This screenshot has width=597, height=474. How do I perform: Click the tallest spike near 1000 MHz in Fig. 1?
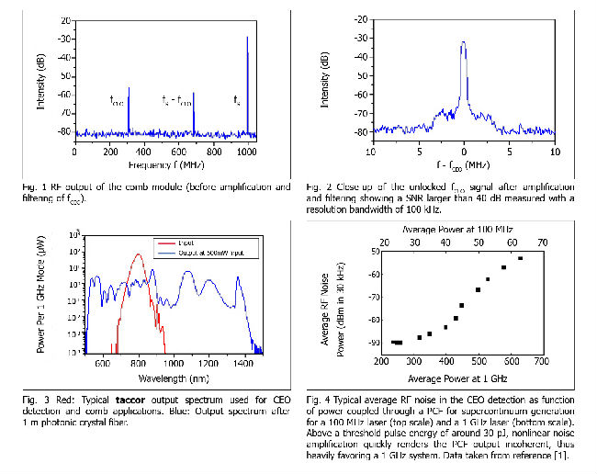(x=247, y=39)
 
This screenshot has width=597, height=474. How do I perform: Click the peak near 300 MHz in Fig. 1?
(x=128, y=89)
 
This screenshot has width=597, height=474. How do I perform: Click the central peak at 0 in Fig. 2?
(x=464, y=43)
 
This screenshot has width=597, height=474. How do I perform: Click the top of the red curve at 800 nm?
(x=139, y=256)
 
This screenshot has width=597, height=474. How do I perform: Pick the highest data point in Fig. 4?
(x=521, y=259)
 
